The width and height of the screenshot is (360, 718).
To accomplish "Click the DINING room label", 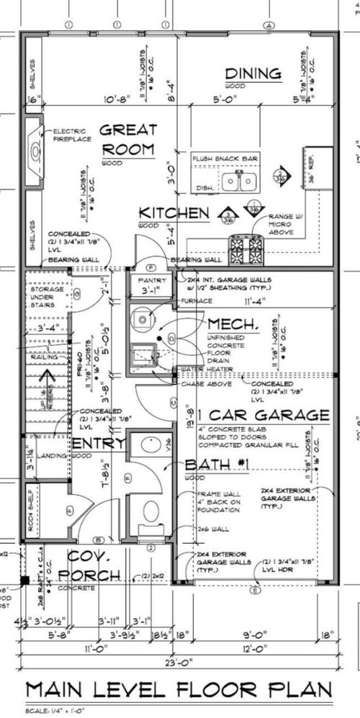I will click(x=252, y=73).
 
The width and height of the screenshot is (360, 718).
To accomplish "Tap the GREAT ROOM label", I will click(x=127, y=140).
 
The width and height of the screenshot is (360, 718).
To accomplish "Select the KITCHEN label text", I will click(x=174, y=213).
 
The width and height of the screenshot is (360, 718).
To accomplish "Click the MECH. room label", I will click(x=233, y=324).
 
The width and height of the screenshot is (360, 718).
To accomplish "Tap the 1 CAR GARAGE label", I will click(x=260, y=416).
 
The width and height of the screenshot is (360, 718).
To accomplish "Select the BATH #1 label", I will click(x=217, y=465).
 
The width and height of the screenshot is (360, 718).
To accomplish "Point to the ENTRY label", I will click(x=98, y=443).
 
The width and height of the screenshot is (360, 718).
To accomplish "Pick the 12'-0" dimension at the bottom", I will click(x=256, y=649).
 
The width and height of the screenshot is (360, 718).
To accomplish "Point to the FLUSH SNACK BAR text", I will click(x=225, y=157).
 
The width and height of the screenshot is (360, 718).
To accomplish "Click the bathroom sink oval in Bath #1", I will click(x=150, y=444).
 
